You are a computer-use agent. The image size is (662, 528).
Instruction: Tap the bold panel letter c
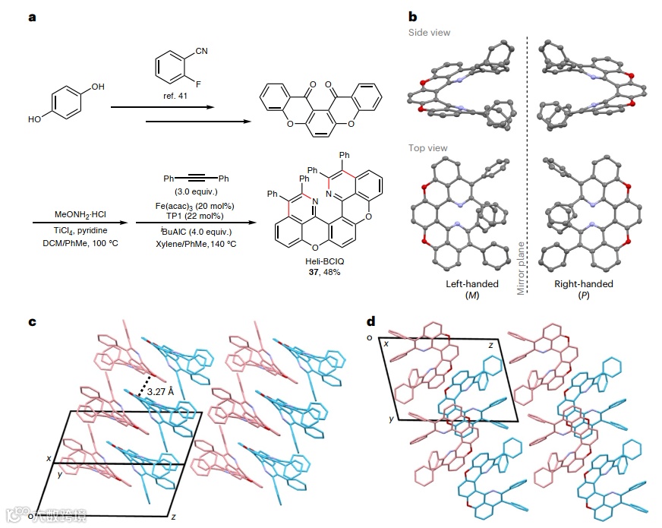pos(32,321)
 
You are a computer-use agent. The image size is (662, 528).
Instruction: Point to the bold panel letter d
pos(370,321)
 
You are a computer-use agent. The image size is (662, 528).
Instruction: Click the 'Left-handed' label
pos(473,283)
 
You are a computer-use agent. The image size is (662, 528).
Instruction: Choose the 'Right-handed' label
pos(584,283)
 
